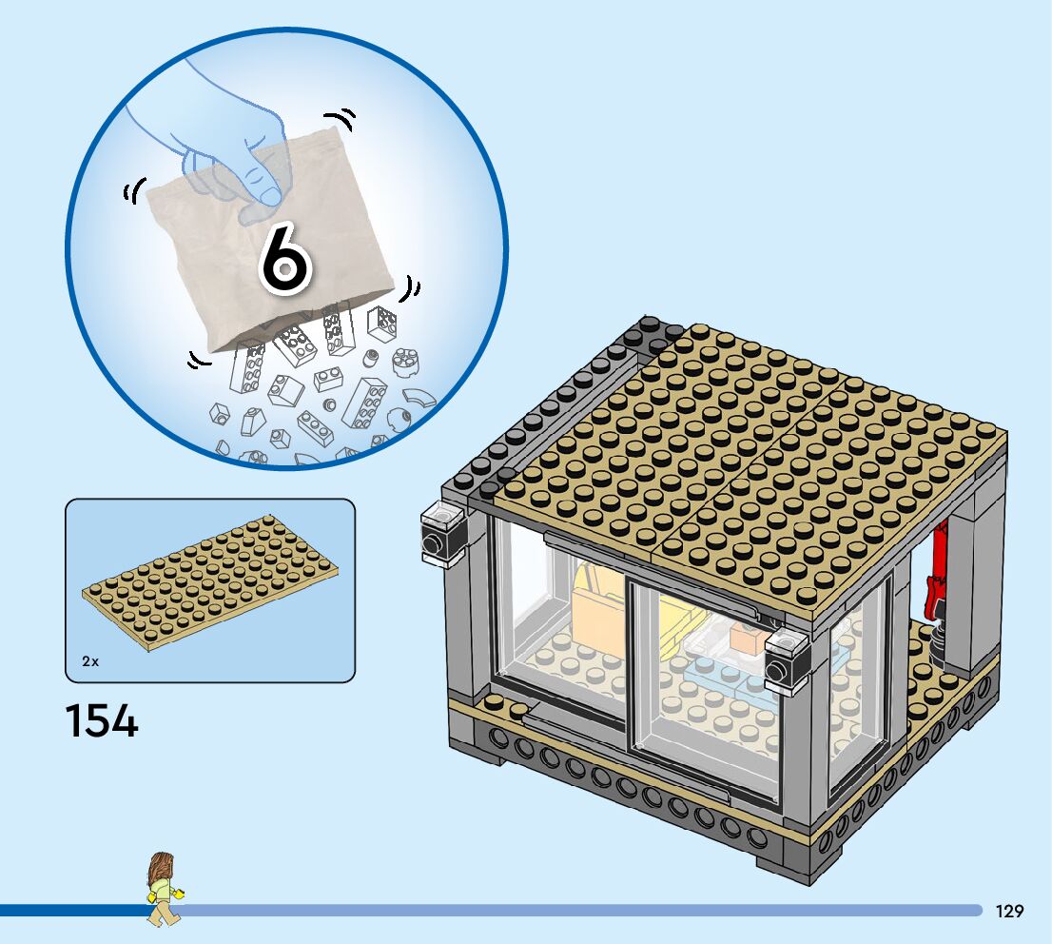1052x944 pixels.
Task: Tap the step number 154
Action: point(102,720)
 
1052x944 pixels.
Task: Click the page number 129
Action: point(1009,911)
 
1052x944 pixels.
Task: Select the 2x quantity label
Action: point(90,660)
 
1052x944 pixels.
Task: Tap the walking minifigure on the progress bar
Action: point(163,889)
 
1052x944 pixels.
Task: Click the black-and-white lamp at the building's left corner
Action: point(441,535)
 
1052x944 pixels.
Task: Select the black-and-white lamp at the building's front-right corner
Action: point(786,660)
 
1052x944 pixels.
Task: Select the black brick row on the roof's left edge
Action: point(552,400)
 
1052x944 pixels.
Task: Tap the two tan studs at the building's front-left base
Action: point(505,705)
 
